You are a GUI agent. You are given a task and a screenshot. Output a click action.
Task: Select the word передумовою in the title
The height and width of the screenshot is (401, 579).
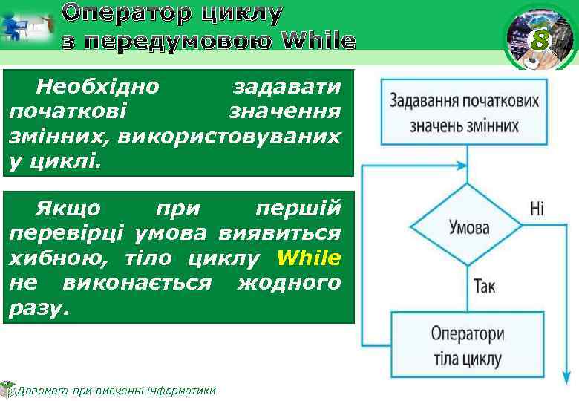coord(177,40)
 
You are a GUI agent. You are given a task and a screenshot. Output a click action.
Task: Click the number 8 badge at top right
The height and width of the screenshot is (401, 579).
coord(540,42)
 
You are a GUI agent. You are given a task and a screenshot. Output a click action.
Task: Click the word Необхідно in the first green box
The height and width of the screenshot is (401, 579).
coord(97,87)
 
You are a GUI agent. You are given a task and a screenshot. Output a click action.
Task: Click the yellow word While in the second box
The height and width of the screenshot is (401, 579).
coord(308,258)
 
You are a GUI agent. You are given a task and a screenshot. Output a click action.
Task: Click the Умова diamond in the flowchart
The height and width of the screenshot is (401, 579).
coord(468,226)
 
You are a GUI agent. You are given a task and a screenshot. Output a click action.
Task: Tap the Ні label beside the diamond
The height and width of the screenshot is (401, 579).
coord(537,207)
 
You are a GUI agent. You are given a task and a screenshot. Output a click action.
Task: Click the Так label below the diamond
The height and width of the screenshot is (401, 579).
coord(483,285)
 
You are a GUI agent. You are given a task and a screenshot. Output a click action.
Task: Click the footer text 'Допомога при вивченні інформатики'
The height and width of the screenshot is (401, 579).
coord(115,390)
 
